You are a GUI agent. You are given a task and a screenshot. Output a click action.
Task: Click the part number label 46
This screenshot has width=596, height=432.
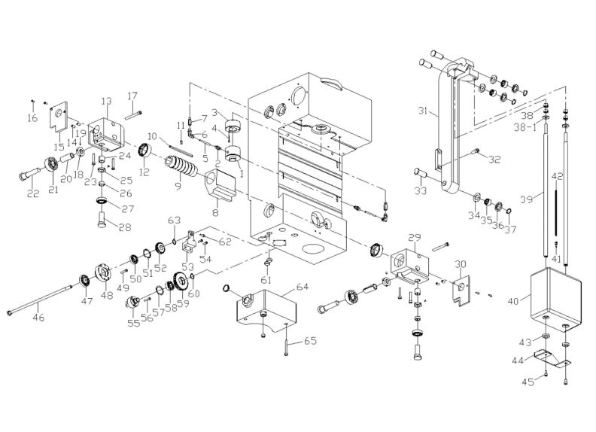pyautogui.click(x=38, y=318)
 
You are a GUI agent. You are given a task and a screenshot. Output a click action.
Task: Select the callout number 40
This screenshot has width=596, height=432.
pyautogui.click(x=513, y=302)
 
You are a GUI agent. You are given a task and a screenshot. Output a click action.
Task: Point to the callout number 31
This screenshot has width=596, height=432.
pyautogui.click(x=423, y=111)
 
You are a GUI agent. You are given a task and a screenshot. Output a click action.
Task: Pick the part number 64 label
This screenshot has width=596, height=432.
pyautogui.click(x=303, y=287)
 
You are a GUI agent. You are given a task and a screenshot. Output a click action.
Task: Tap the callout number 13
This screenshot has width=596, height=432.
pyautogui.click(x=106, y=101)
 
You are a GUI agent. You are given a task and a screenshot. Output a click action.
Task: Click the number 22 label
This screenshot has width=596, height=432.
pyautogui.click(x=32, y=193)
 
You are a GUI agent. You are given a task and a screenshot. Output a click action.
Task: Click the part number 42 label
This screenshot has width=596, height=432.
pyautogui.click(x=558, y=176)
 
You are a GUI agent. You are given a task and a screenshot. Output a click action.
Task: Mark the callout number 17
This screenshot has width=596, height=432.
pyautogui.click(x=132, y=96)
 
